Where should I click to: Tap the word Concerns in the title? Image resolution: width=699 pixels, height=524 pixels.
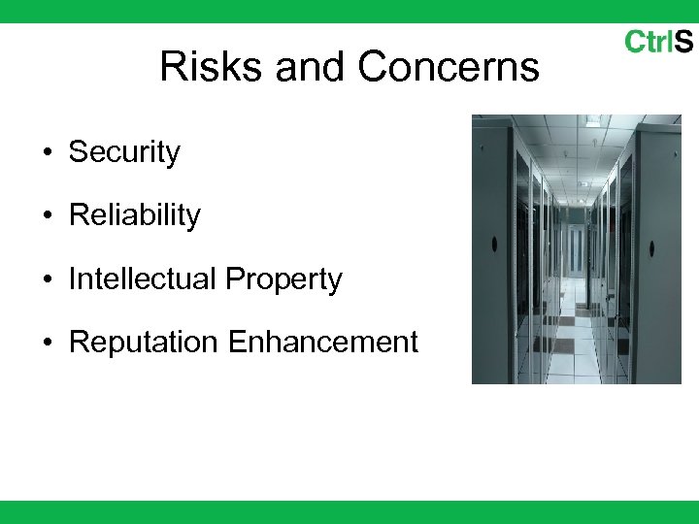click(x=449, y=67)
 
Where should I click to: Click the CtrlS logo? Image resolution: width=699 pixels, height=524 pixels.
click(x=658, y=42)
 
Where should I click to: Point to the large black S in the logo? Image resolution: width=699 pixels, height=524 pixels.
click(x=683, y=42)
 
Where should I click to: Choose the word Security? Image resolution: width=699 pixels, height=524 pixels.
click(x=124, y=152)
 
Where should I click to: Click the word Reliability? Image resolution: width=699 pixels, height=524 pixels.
click(x=134, y=215)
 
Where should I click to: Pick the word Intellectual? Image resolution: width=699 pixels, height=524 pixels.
click(x=143, y=279)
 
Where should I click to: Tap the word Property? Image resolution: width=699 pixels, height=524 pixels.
click(x=283, y=279)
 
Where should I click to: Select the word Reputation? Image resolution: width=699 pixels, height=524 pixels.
click(x=144, y=343)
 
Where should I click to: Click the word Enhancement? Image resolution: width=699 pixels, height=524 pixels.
click(x=323, y=343)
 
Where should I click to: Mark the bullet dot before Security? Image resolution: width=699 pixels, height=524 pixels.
click(x=47, y=153)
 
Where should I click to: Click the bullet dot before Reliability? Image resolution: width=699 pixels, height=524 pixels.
click(x=47, y=216)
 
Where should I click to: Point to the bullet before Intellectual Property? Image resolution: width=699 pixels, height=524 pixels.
click(x=47, y=280)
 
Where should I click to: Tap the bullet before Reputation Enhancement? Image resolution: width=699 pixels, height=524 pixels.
click(x=47, y=344)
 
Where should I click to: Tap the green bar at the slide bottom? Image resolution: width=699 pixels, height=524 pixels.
click(x=349, y=512)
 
